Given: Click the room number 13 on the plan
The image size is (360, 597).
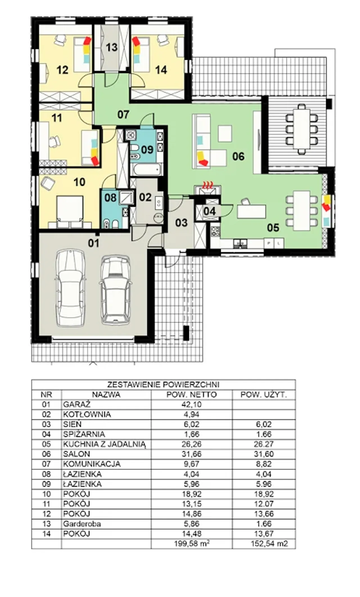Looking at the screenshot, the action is (112, 47).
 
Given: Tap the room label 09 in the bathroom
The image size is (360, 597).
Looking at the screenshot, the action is (147, 149).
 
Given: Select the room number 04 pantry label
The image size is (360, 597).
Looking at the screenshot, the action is (210, 211).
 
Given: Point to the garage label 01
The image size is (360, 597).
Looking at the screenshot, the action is (94, 243).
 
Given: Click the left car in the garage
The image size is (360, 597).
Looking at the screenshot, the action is (70, 287).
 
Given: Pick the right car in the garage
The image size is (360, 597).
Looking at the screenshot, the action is (115, 290).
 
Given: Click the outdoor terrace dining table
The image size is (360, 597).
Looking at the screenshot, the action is (301, 129).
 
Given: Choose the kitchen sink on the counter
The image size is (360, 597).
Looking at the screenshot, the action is (240, 243).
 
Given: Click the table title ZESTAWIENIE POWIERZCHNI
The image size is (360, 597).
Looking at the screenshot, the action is (163, 384).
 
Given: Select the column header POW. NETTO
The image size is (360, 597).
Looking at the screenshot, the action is (192, 395).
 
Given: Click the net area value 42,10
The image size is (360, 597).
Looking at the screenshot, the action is (192, 404).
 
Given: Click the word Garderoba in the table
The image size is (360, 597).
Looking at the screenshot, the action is (82, 524).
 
